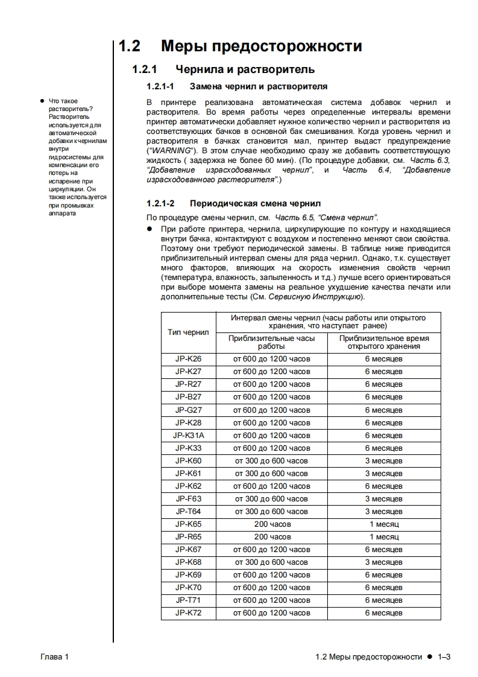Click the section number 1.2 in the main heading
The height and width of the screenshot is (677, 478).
[x=129, y=46]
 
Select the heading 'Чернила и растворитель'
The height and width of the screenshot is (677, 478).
[x=245, y=70]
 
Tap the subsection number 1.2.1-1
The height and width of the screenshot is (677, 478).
[x=160, y=87]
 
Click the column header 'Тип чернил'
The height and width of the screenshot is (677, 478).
[x=188, y=332]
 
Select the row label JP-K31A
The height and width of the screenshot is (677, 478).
[x=188, y=435]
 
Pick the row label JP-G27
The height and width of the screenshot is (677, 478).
[x=188, y=410]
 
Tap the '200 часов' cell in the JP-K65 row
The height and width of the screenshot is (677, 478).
[x=272, y=524]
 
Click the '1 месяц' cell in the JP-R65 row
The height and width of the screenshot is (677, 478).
[x=384, y=536]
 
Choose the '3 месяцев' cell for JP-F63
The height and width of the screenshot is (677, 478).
[x=384, y=498]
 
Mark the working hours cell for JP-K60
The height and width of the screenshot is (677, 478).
[x=272, y=460]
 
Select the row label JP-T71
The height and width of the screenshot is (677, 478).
[x=188, y=600]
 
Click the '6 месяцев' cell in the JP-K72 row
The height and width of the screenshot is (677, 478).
[x=384, y=612]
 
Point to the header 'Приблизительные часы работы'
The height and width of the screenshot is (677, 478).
[x=272, y=342]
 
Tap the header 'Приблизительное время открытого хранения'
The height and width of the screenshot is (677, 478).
[x=384, y=342]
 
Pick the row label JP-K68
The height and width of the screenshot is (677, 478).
[x=188, y=562]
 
